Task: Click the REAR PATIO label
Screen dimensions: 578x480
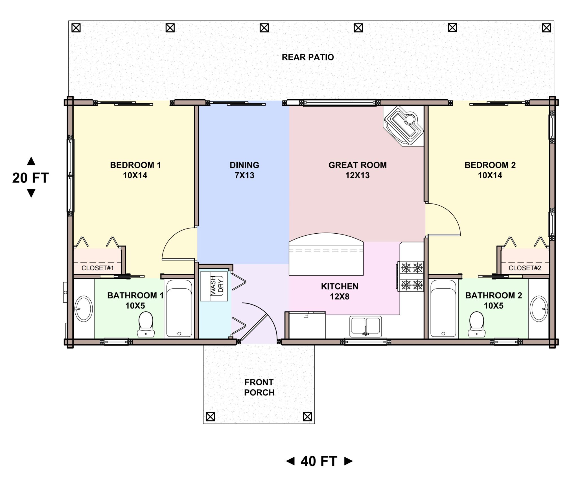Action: pos(308,57)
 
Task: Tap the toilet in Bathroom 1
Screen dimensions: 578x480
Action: pos(146,324)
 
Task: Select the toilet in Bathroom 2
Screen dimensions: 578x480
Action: pos(477,324)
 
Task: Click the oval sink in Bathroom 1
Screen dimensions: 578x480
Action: pos(84,309)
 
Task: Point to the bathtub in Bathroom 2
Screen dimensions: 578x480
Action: pos(443,308)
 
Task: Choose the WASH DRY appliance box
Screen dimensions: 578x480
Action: pos(214,286)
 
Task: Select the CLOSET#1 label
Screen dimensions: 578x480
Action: pos(98,268)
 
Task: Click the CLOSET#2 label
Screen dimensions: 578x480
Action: pos(525,268)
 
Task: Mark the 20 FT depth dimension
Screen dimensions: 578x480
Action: pos(30,177)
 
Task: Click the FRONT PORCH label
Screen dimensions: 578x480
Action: pos(259,387)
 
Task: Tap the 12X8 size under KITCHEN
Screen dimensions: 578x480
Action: pos(340,297)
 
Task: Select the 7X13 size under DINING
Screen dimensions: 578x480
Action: pos(244,175)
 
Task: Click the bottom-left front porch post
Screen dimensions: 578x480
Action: pos(210,417)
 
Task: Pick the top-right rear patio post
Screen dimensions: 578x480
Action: pos(547,28)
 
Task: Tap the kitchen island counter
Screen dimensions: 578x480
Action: pos(326,254)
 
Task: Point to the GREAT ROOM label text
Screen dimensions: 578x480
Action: pos(358,165)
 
